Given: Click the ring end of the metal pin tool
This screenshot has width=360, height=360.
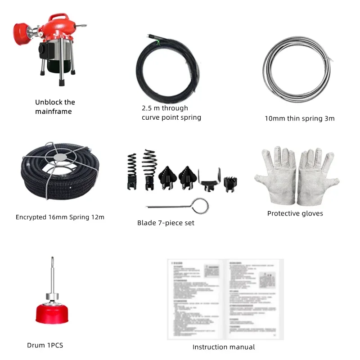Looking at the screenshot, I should (x=201, y=207).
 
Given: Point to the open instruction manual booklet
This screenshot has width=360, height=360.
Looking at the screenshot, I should (x=225, y=299).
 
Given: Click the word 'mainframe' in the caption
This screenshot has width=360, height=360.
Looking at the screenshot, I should (x=54, y=112).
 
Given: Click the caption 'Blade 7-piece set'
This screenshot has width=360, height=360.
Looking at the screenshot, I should (x=166, y=223).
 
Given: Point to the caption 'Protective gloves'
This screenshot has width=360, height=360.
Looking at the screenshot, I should (x=295, y=213).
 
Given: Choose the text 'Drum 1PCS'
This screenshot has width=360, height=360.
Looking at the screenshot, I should (x=45, y=345).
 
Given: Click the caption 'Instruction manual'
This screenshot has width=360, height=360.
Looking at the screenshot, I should (x=224, y=347).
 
